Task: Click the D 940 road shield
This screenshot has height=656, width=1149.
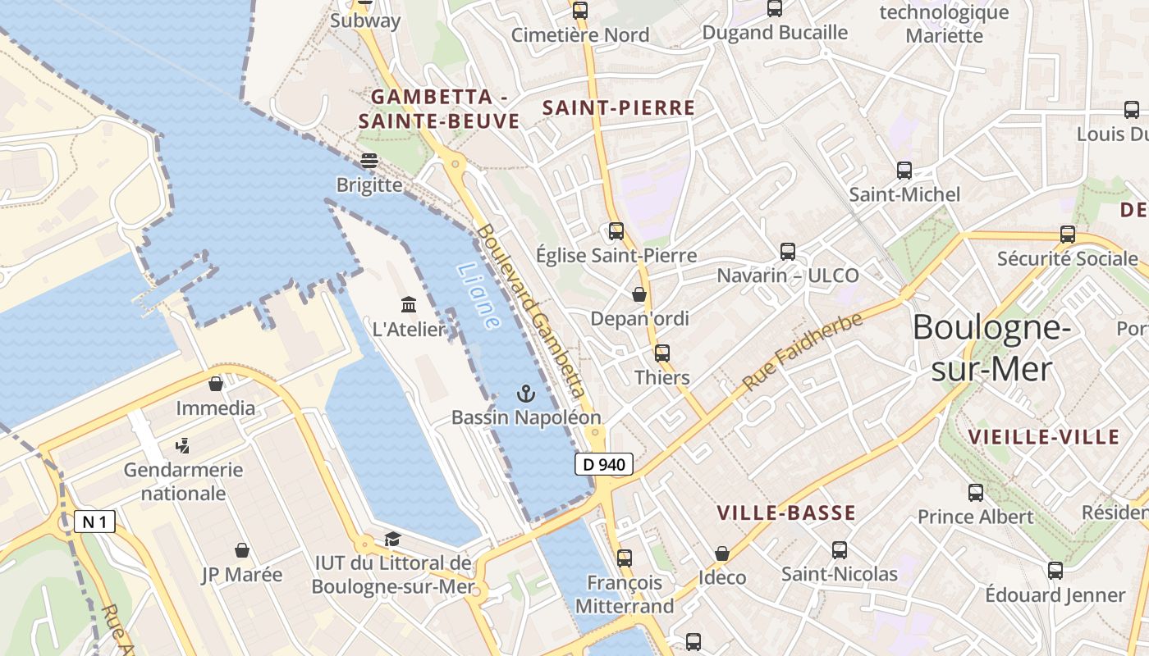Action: tap(604, 464)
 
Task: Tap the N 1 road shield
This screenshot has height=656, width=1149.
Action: tap(94, 522)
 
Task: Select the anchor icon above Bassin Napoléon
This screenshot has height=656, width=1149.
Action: tap(525, 394)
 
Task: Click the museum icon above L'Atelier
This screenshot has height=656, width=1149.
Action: tap(409, 305)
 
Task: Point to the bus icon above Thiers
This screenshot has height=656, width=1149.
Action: tap(662, 353)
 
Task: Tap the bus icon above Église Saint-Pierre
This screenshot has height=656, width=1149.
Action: tap(616, 231)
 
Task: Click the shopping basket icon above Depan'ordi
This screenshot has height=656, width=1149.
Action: tap(639, 294)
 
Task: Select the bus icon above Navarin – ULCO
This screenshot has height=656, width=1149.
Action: tap(788, 251)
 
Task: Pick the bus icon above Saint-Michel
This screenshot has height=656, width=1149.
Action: tap(904, 171)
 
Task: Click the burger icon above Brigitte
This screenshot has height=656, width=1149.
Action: tap(369, 161)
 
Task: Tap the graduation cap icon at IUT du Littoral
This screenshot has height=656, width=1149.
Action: tap(392, 539)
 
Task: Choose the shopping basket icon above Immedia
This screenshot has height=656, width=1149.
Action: tap(216, 384)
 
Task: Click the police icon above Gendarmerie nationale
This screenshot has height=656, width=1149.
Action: tap(183, 446)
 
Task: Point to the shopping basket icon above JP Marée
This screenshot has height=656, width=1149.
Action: tap(241, 550)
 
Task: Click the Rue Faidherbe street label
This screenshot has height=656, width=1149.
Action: tap(803, 352)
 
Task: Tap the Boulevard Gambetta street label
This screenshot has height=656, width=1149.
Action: tap(533, 323)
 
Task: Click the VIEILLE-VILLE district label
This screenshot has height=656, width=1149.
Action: tap(1044, 437)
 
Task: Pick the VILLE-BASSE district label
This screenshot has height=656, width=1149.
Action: tap(786, 513)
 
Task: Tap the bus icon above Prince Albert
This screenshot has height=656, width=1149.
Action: tap(976, 493)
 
